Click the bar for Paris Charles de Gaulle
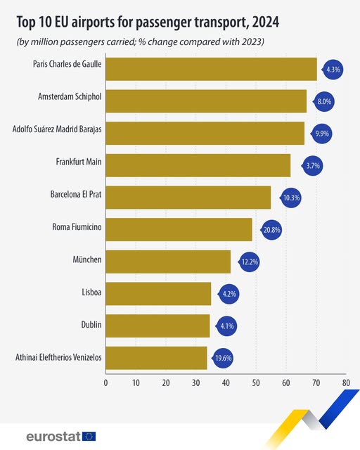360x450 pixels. point(211,69)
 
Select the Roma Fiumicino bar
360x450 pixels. point(179,229)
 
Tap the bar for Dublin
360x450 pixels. point(157,326)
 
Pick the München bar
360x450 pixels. point(168,262)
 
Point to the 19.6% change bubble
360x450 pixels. point(224,357)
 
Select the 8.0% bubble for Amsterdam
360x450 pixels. point(324,101)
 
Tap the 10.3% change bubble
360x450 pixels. point(290,198)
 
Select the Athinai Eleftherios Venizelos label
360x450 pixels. point(58,357)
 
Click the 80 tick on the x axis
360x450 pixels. point(345,383)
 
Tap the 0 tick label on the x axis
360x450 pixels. point(105,383)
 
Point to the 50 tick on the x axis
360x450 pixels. point(255,383)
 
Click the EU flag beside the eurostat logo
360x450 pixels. point(89,436)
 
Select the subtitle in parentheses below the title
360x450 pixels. point(141,42)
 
